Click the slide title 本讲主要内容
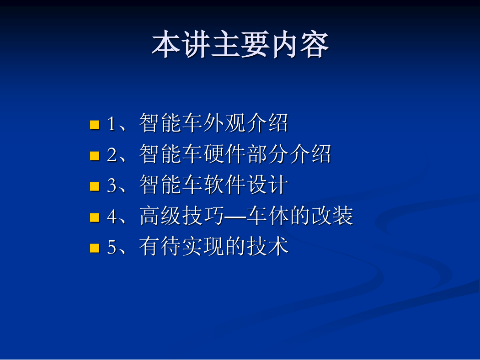click(240, 45)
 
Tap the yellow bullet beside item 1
click(95, 125)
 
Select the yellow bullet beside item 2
click(95, 156)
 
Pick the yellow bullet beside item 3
click(95, 186)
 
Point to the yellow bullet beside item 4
click(95, 217)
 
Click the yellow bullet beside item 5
click(95, 248)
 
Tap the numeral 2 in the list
click(112, 155)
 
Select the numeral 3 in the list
click(112, 185)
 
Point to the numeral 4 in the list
click(112, 217)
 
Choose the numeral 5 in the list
click(112, 247)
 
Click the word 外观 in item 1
click(224, 123)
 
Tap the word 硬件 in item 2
click(224, 154)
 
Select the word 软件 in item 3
click(224, 185)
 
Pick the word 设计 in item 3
click(267, 185)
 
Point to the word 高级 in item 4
click(160, 216)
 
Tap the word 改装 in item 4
click(332, 216)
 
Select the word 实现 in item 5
click(203, 246)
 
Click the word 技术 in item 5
click(267, 246)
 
